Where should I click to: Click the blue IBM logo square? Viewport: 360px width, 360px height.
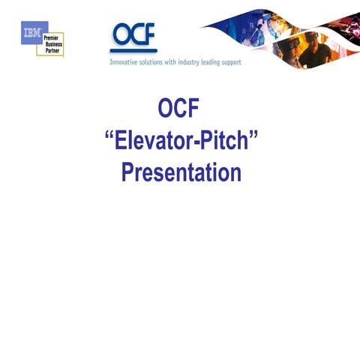[x=29, y=34]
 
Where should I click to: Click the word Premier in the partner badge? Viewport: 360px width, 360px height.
[x=51, y=37]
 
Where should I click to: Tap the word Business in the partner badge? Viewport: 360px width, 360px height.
[x=52, y=43]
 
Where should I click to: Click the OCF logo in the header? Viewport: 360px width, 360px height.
[x=133, y=36]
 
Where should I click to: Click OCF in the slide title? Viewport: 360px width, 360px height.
[x=179, y=109]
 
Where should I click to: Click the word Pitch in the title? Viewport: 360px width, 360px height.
[x=227, y=142]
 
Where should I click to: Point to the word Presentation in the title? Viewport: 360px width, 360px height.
[x=181, y=173]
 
